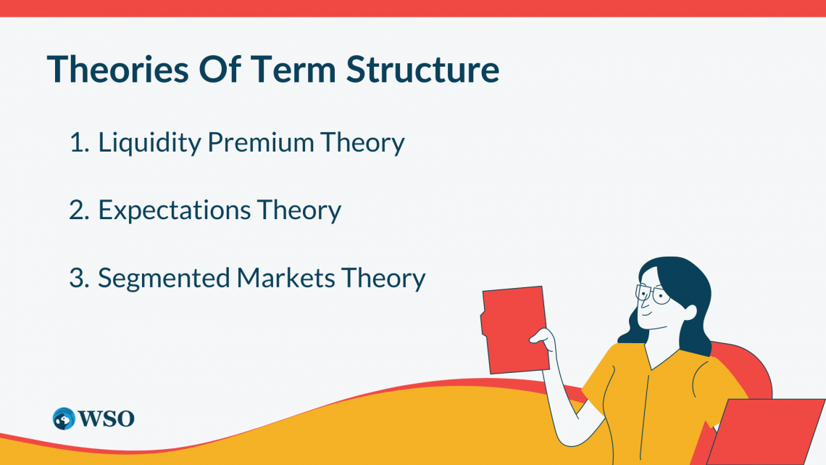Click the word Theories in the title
[118, 69]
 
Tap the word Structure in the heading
[423, 69]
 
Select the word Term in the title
[293, 69]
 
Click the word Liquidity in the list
[149, 143]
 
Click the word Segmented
[164, 279]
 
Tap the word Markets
[285, 278]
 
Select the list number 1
[79, 143]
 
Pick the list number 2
[79, 210]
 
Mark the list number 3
[79, 278]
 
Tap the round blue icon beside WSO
[64, 419]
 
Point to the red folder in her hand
[514, 329]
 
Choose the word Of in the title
[220, 69]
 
